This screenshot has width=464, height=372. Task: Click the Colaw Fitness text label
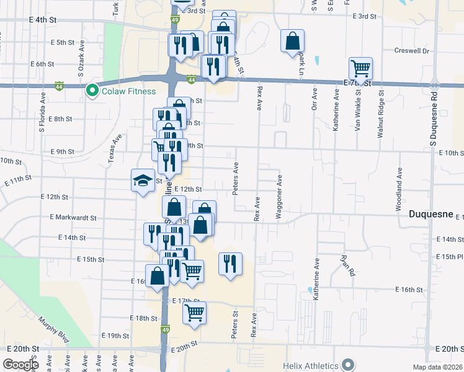(x=129, y=91)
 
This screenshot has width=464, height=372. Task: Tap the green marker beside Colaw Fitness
(x=92, y=91)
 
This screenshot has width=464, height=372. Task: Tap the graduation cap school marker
(x=143, y=181)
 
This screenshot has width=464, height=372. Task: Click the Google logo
(x=20, y=365)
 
